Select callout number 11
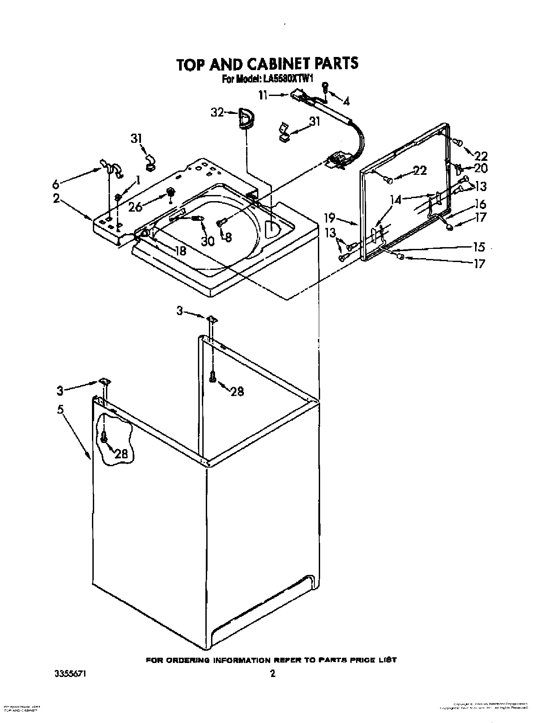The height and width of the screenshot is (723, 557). coord(263,95)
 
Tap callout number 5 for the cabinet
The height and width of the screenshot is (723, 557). coord(60,410)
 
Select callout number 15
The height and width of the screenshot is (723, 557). coord(479,247)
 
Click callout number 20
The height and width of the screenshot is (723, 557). coord(480,168)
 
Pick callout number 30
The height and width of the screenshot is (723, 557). coord(208,241)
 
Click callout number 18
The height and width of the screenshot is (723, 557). coord(180,251)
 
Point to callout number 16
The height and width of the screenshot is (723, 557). coord(480,204)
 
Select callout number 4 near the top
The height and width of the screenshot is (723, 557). coord(346,102)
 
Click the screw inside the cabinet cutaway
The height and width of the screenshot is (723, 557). coord(104,437)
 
